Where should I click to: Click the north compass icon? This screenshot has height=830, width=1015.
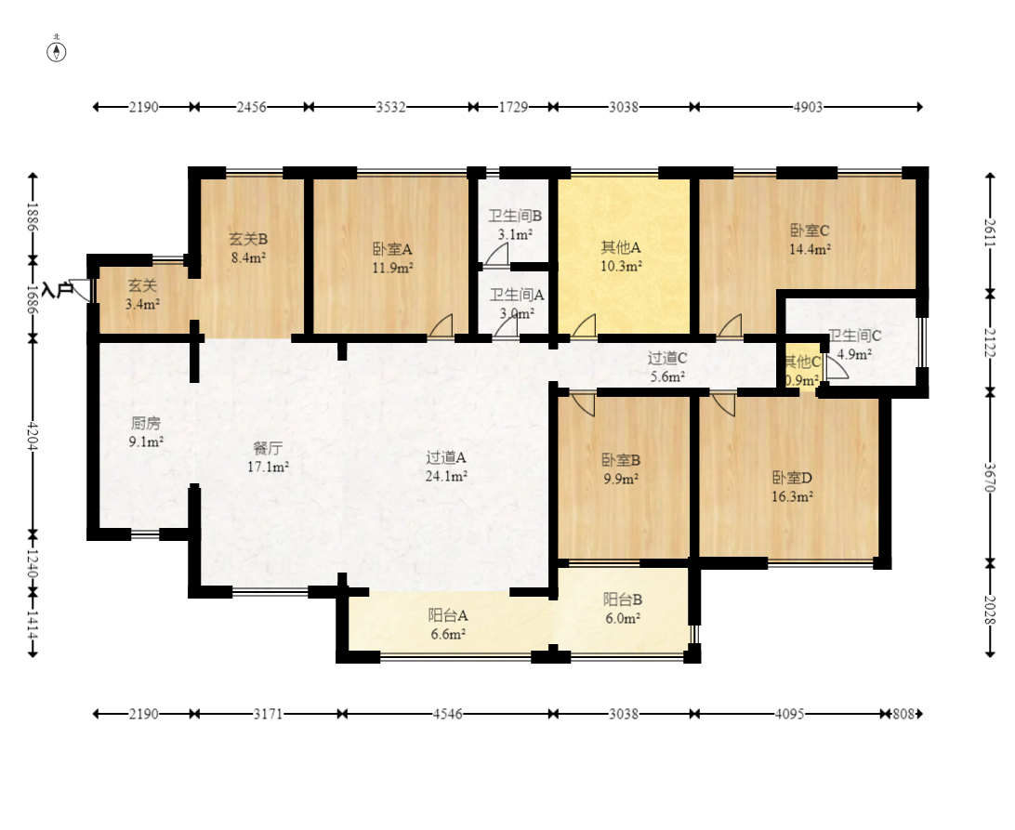[57, 52]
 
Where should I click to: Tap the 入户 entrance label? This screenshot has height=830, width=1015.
[57, 289]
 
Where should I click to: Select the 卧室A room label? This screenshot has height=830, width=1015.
[392, 249]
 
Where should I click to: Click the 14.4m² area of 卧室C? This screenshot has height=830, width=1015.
[810, 249]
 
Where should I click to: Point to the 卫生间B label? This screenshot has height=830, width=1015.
[515, 216]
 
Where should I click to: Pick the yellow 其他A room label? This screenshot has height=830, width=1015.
[621, 247]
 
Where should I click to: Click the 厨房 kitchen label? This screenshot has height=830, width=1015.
[146, 424]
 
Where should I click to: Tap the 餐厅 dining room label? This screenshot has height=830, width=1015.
[268, 448]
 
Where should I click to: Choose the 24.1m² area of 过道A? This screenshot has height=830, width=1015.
[447, 476]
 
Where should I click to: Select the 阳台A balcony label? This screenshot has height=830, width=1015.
[448, 615]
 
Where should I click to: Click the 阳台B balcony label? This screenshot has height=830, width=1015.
[623, 599]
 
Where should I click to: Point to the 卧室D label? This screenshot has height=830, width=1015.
[792, 478]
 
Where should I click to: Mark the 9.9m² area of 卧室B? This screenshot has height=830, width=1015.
[622, 479]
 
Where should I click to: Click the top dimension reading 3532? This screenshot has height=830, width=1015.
[391, 107]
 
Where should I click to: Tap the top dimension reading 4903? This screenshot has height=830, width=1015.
[808, 107]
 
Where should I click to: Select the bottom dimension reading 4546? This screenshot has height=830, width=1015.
[447, 714]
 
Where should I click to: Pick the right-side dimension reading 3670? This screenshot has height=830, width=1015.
[990, 477]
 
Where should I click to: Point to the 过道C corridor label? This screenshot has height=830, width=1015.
[667, 358]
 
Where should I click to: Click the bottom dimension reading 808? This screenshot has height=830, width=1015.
[903, 714]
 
